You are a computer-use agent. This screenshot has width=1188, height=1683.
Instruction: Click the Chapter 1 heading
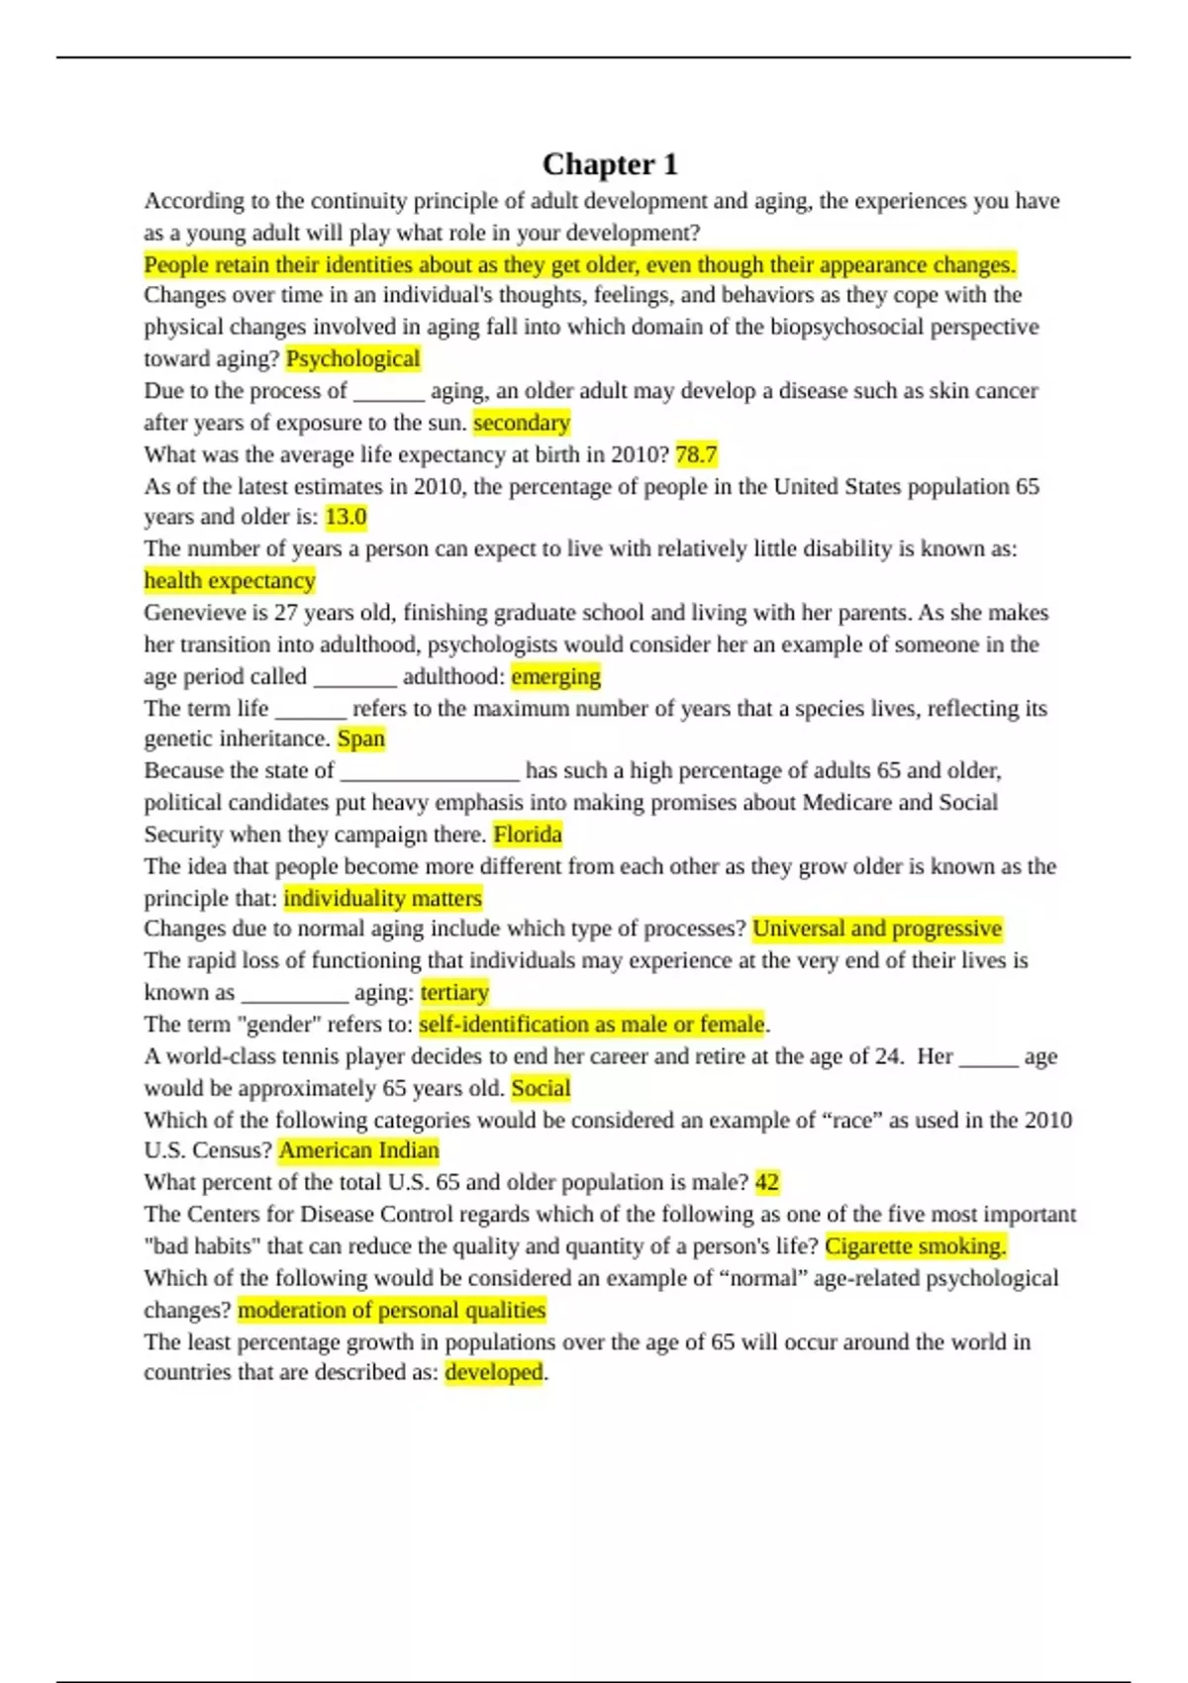(x=610, y=163)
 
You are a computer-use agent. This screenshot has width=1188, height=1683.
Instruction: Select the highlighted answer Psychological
(x=352, y=358)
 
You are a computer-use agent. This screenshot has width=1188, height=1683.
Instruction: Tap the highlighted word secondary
(x=522, y=423)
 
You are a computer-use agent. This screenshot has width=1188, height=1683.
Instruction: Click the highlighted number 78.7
(x=696, y=454)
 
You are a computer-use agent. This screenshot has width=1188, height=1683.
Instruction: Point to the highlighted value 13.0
(x=346, y=517)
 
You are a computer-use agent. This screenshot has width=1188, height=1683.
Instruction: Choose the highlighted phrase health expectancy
(x=230, y=580)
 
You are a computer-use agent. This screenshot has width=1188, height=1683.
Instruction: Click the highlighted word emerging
(x=555, y=676)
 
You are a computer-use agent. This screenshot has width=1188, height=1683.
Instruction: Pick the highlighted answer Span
(x=360, y=739)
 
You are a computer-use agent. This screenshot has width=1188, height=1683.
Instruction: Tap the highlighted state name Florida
(x=528, y=835)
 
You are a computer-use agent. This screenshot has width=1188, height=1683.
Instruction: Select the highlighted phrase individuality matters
(x=382, y=898)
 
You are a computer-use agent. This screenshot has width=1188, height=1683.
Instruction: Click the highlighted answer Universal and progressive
(x=877, y=929)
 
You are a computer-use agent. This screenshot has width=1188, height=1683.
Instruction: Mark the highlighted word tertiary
(x=454, y=992)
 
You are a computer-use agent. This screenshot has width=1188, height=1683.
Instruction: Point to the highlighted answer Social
(x=541, y=1088)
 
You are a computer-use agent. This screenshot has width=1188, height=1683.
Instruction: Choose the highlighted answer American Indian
(x=358, y=1150)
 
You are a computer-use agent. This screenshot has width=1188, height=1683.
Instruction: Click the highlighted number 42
(x=766, y=1182)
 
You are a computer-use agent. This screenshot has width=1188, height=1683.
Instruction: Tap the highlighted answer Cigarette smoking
(x=915, y=1246)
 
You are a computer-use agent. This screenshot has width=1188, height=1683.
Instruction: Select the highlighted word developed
(x=493, y=1372)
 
